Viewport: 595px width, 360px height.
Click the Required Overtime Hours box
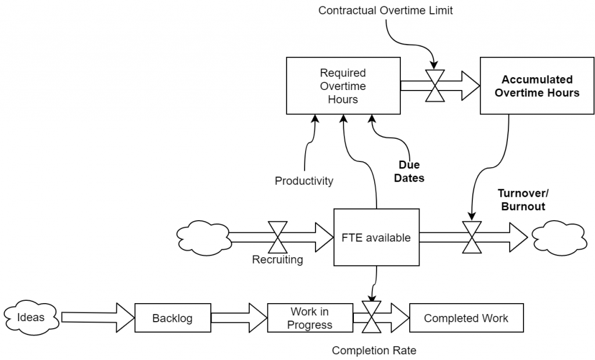click(x=343, y=86)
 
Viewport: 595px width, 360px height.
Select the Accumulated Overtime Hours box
click(x=537, y=86)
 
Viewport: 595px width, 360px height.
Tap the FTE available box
click(x=377, y=237)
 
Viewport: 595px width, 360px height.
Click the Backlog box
click(x=173, y=318)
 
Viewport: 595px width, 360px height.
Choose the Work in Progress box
click(x=310, y=318)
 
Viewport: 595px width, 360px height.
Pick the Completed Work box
click(x=467, y=318)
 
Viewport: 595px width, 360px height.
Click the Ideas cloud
click(x=31, y=318)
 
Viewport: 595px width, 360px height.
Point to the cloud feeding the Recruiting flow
click(x=204, y=237)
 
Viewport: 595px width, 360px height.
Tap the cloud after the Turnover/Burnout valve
click(x=558, y=237)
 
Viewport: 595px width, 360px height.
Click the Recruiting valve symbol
click(x=278, y=237)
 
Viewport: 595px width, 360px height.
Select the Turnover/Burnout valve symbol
click(x=472, y=237)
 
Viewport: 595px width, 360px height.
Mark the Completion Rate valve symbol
click(x=371, y=317)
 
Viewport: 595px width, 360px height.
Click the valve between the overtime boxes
click(x=435, y=86)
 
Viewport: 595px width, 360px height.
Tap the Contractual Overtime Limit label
click(x=386, y=10)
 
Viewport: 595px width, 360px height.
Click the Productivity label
click(x=304, y=181)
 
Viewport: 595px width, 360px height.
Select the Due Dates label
click(x=409, y=171)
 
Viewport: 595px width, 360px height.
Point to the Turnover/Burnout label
click(x=524, y=200)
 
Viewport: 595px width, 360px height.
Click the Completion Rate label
click(x=374, y=351)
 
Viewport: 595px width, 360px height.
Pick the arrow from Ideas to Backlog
click(x=98, y=318)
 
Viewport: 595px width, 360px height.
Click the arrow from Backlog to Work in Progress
click(x=239, y=318)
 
